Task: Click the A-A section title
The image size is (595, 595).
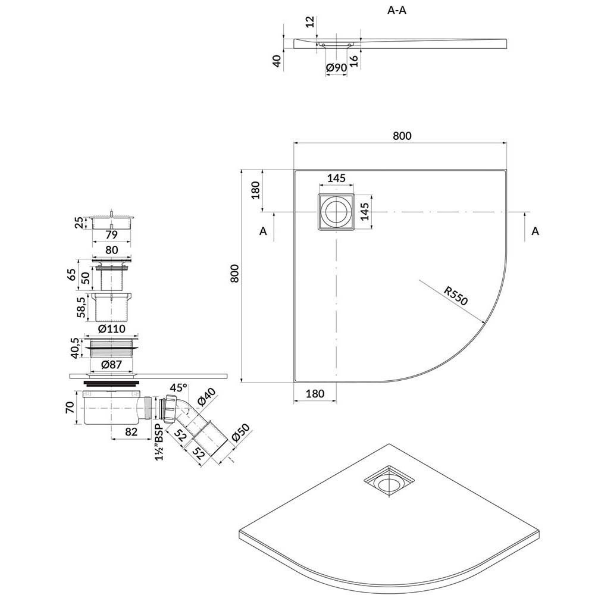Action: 396,10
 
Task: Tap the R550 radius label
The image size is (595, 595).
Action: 456,296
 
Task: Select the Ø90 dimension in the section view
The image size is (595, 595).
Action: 337,68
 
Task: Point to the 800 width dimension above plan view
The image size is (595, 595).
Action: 402,136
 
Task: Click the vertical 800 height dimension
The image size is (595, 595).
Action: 234,273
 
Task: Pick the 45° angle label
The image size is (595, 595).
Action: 178,388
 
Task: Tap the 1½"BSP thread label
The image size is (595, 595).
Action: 159,441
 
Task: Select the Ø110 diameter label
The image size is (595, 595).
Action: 112,328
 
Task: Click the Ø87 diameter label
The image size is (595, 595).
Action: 112,365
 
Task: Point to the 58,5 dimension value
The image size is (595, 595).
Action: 80,308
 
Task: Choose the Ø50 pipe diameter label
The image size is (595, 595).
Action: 240,433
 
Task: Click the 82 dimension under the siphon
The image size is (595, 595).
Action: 131,432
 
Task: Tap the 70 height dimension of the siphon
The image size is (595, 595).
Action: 70,408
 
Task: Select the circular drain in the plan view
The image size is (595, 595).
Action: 336,212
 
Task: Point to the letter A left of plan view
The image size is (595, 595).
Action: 263,231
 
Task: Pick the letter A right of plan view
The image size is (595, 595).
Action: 535,231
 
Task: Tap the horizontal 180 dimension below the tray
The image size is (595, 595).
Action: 315,394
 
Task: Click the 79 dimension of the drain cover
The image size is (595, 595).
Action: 112,235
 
